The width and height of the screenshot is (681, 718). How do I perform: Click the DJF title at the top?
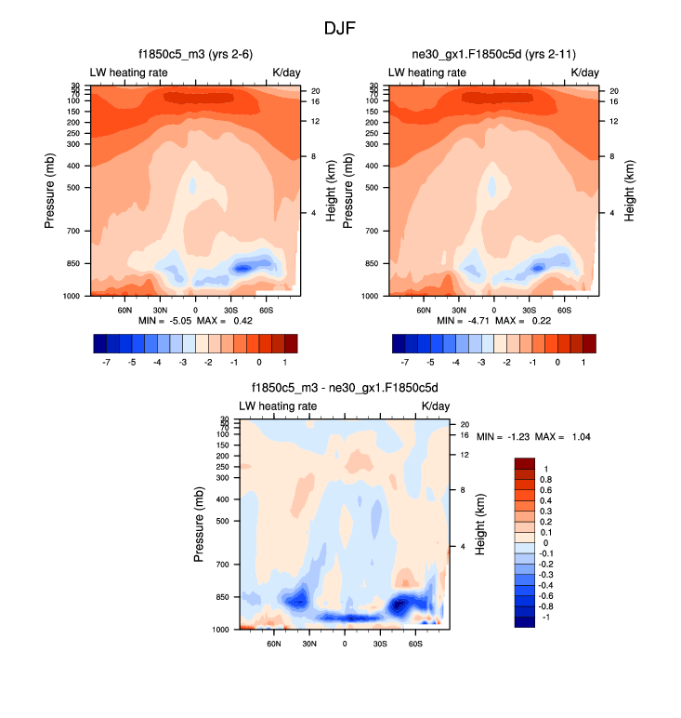340,28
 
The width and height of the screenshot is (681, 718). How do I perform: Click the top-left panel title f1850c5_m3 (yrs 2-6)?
194,55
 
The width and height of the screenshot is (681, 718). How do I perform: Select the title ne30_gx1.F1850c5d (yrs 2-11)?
492,55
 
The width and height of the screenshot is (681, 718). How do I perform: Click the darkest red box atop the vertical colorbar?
526,463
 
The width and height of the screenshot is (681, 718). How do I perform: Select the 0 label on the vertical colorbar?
545,542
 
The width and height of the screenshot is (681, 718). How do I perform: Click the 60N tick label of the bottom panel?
274,643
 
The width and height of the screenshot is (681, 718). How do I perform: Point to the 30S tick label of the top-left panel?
230,309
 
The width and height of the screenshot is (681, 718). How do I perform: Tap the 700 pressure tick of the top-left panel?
74,230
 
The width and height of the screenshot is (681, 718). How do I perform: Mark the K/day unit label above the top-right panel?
584,72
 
